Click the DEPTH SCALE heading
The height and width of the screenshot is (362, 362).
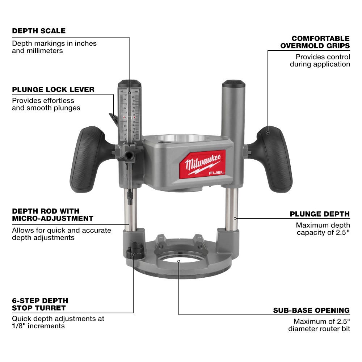[x=39, y=31]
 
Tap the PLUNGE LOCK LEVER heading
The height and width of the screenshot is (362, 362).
[x=53, y=89]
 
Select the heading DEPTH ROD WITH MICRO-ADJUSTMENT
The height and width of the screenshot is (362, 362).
[x=52, y=215]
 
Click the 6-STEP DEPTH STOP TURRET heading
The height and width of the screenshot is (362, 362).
[x=40, y=304]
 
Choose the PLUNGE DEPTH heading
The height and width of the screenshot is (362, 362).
[x=320, y=214]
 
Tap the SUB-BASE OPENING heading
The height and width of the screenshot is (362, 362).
[x=311, y=310]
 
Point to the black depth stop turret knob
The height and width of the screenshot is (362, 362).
[x=134, y=252]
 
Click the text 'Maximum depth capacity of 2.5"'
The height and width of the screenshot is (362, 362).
[x=323, y=229]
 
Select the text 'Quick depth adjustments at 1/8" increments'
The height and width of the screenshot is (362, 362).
[x=58, y=322]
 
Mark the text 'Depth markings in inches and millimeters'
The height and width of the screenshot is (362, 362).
[x=54, y=47]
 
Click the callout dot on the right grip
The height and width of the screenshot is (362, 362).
[x=268, y=132]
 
